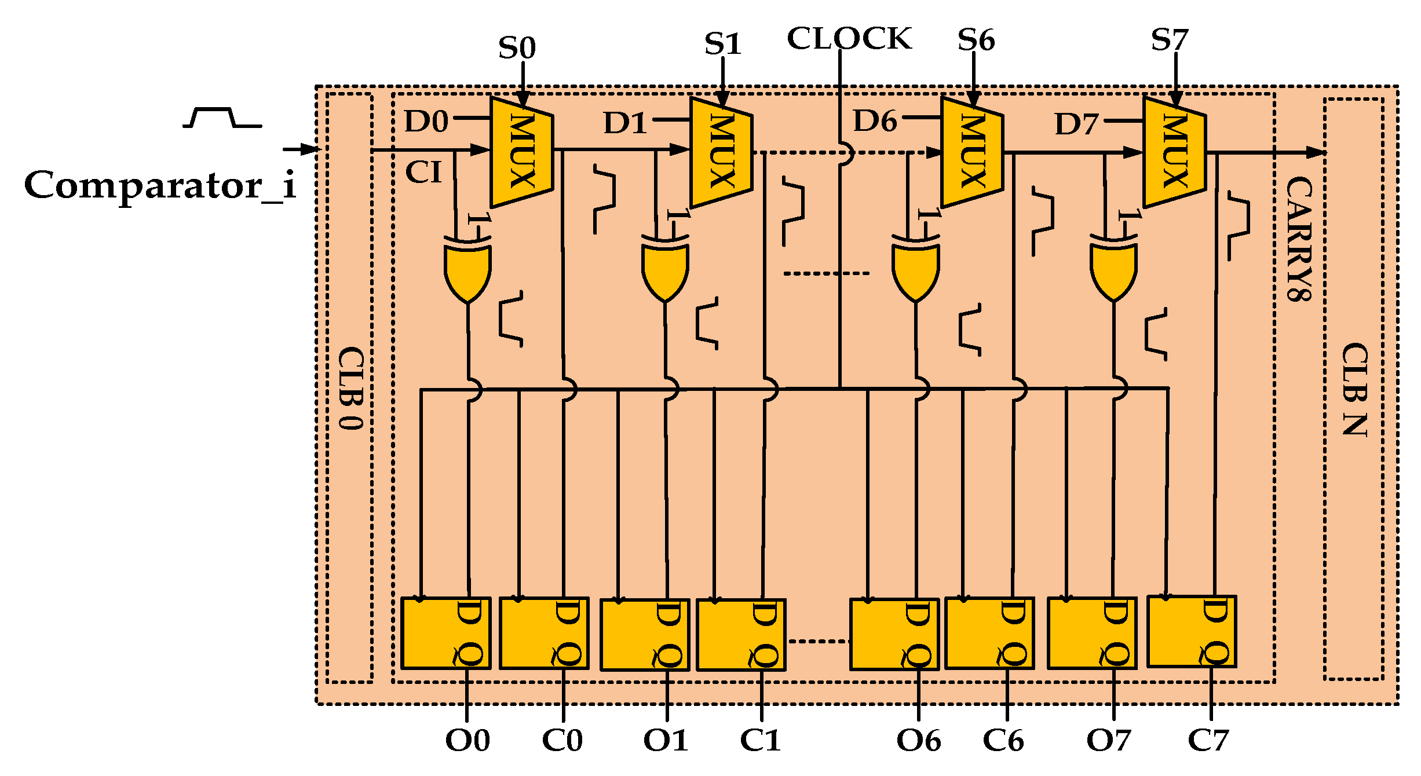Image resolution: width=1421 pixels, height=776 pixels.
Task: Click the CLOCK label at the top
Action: pos(849,39)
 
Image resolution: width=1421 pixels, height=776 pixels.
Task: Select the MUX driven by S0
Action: pos(521,152)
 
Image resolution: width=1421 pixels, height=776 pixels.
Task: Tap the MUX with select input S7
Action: pos(1174,152)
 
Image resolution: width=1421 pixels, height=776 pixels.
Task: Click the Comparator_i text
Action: pos(160,185)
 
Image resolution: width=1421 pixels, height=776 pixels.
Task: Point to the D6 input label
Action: pos(875,122)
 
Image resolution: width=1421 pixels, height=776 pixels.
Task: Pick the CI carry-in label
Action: pos(423,173)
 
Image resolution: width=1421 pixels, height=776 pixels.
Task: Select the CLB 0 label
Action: pos(351,388)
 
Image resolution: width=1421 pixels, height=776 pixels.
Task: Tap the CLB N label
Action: pos(1355,389)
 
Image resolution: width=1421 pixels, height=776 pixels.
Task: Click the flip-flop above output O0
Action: pos(445,633)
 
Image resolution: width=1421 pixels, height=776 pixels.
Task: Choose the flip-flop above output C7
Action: pos(1192,631)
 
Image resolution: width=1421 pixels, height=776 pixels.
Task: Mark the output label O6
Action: pos(918,740)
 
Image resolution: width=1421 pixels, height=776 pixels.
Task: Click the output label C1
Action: pos(760,740)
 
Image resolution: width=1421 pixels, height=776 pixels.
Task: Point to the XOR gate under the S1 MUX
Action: pos(665,269)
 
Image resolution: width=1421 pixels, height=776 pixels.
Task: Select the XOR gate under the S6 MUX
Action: pos(915,269)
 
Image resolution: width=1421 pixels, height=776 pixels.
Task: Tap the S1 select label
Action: pos(723,43)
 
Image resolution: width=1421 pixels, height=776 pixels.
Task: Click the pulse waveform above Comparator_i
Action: pos(222,118)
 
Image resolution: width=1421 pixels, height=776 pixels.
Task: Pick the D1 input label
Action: pos(624,123)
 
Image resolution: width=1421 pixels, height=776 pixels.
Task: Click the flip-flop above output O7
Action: pos(1092,633)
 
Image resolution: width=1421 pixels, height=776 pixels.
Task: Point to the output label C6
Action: pos(1003,740)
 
